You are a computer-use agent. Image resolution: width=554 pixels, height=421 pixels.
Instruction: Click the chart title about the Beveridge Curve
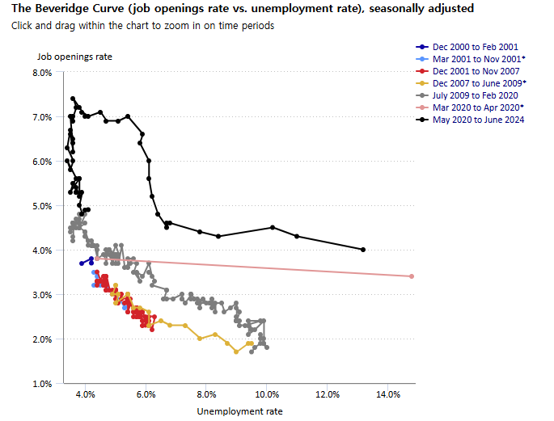point(243,8)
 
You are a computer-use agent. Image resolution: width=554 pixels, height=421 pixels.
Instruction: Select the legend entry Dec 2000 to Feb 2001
point(476,47)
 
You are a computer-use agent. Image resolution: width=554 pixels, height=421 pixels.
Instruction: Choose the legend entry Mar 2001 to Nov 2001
point(478,59)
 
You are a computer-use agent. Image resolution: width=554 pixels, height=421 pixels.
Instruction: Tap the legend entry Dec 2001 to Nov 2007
point(476,71)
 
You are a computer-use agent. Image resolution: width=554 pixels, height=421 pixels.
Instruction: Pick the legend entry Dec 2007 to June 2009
point(479,83)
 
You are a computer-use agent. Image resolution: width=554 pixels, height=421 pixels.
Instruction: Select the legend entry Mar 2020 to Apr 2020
point(478,107)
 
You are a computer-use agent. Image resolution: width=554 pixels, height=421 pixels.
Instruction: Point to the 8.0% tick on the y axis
point(41,73)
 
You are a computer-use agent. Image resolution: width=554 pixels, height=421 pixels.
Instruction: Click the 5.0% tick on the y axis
point(41,206)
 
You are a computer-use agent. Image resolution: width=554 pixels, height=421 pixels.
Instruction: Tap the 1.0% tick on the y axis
point(41,383)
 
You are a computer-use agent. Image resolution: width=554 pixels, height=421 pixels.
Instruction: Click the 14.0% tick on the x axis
point(388,395)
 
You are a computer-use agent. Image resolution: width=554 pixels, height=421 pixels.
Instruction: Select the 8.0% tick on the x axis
point(206,395)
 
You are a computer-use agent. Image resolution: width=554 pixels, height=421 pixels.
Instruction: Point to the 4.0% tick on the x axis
point(86,395)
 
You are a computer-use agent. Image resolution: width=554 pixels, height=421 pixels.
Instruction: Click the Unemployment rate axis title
point(240,411)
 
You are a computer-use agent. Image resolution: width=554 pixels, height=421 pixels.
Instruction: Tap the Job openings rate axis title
point(74,57)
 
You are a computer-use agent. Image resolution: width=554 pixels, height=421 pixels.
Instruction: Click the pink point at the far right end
point(412,276)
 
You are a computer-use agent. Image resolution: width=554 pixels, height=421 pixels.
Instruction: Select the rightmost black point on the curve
point(363,250)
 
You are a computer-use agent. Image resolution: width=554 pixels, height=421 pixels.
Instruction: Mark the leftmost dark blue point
point(82,263)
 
